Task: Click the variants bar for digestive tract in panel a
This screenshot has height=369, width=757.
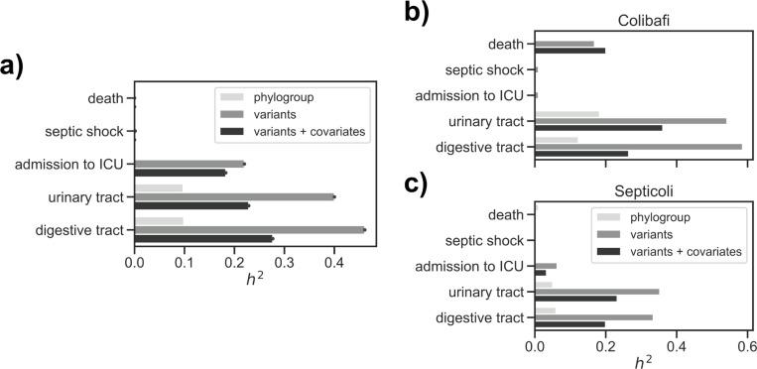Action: tap(249, 229)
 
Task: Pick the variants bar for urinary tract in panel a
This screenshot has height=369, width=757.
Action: tap(234, 196)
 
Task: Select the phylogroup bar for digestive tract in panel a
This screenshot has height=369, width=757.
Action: tap(159, 220)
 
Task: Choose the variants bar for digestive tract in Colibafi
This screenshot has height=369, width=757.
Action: tap(638, 146)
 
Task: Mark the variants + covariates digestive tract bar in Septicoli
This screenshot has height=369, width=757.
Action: tap(569, 324)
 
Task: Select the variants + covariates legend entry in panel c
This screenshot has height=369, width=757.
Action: tap(681, 252)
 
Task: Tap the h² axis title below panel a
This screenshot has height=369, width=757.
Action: tap(253, 279)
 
